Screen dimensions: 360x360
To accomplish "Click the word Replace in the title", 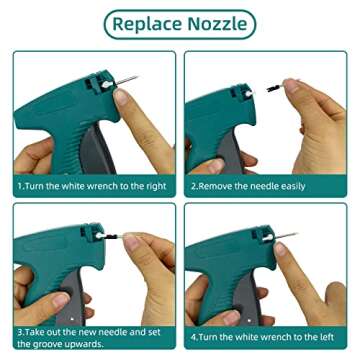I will (x=148, y=23).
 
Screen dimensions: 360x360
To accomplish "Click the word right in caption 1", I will (x=154, y=186).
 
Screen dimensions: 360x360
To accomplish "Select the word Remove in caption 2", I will (x=223, y=186).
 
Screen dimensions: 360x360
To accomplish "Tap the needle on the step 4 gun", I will (x=284, y=236).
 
